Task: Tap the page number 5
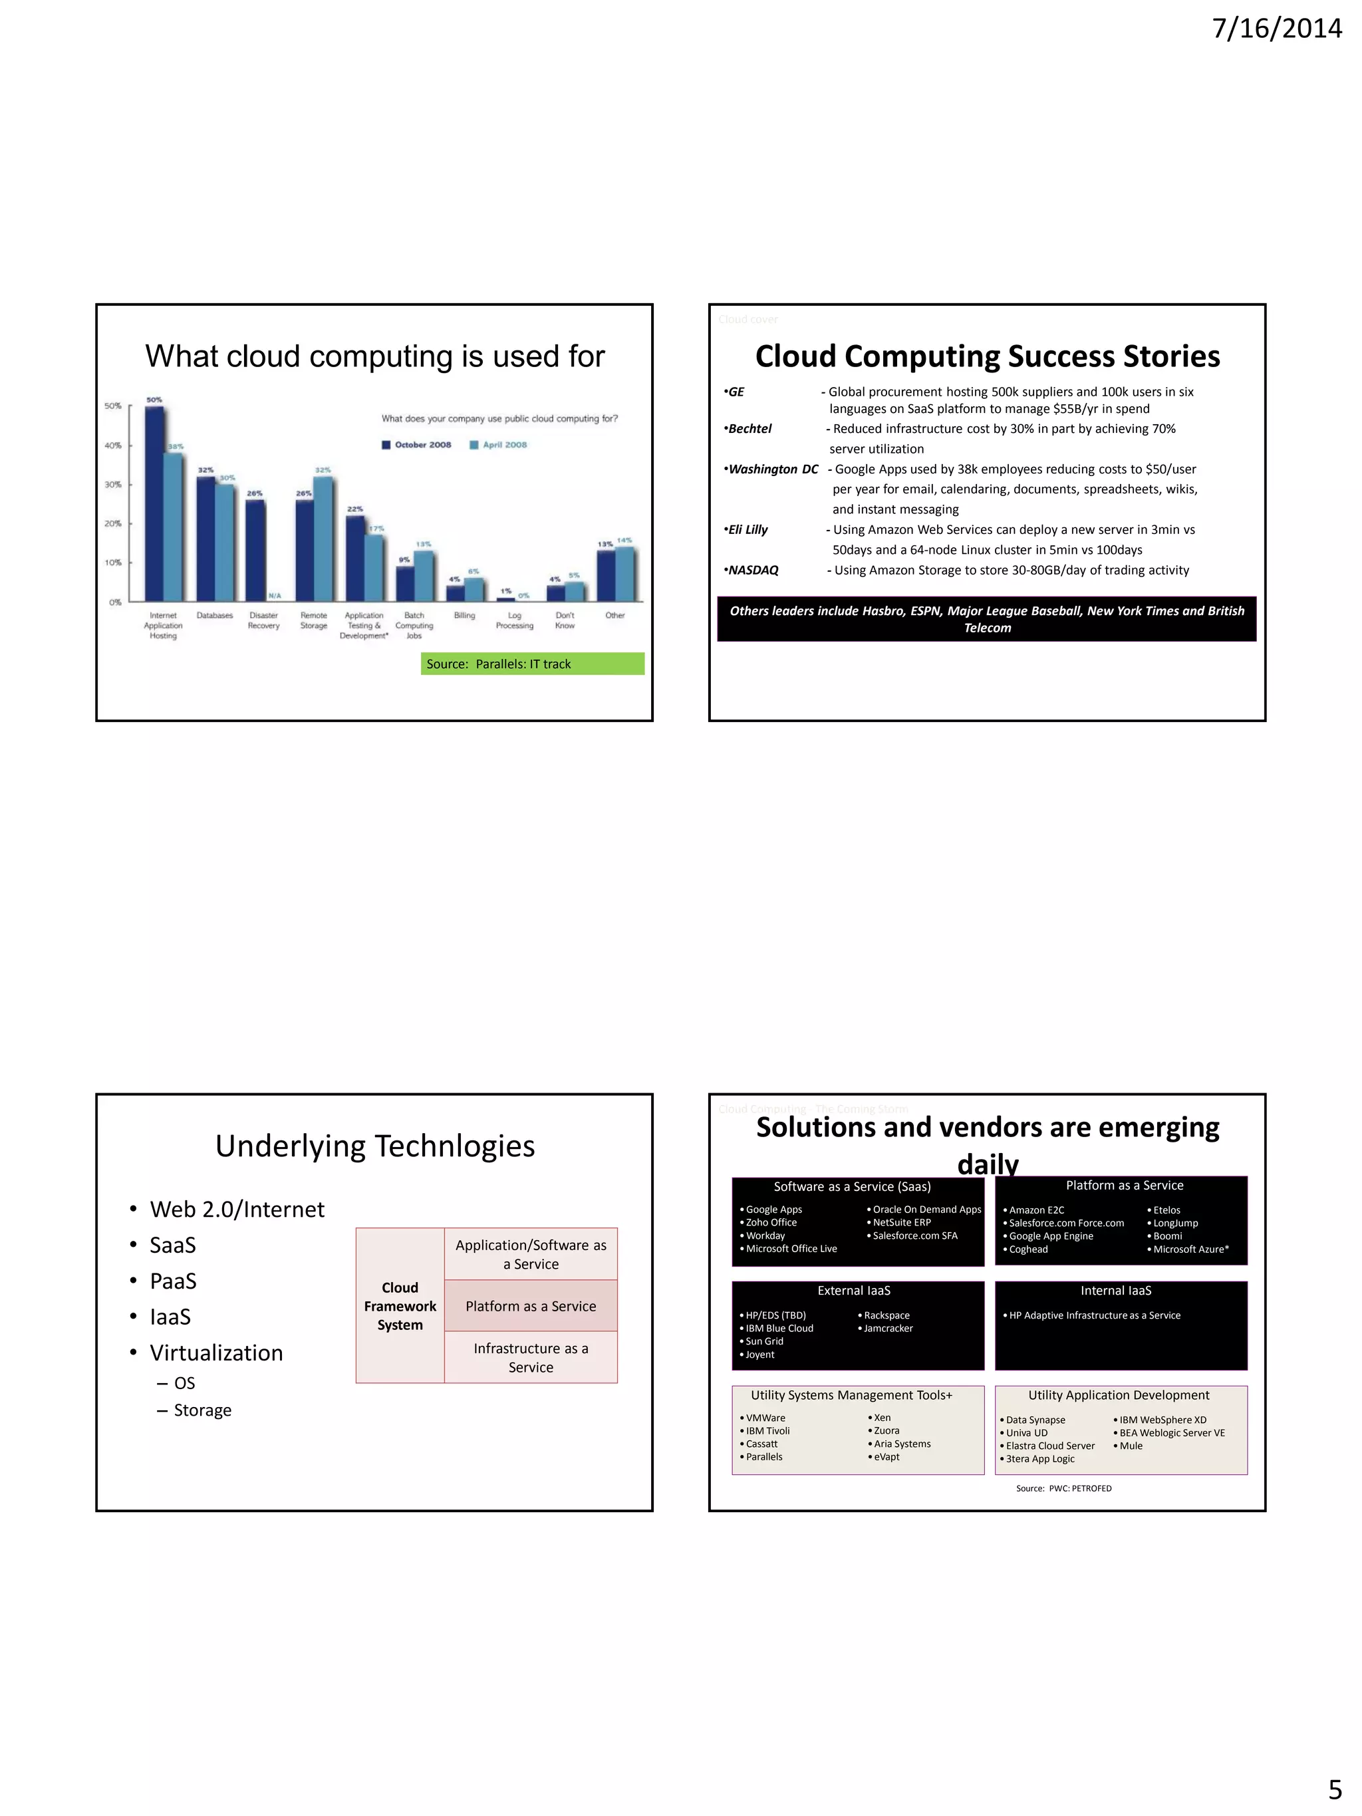tap(1335, 1788)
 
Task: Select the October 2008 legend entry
tap(416, 445)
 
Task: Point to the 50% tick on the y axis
tap(113, 406)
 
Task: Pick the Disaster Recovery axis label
tap(263, 620)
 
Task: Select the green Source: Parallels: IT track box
tap(532, 664)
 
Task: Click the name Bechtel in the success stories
tap(749, 428)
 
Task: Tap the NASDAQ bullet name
tap(753, 570)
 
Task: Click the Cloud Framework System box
tap(400, 1305)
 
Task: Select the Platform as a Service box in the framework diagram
tap(530, 1305)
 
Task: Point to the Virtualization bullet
tap(216, 1352)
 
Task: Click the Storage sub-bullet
tap(202, 1410)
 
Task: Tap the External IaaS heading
tap(854, 1291)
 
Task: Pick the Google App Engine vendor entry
tap(1051, 1235)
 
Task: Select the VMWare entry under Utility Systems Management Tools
tap(765, 1418)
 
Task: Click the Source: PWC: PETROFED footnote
tap(1063, 1488)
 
